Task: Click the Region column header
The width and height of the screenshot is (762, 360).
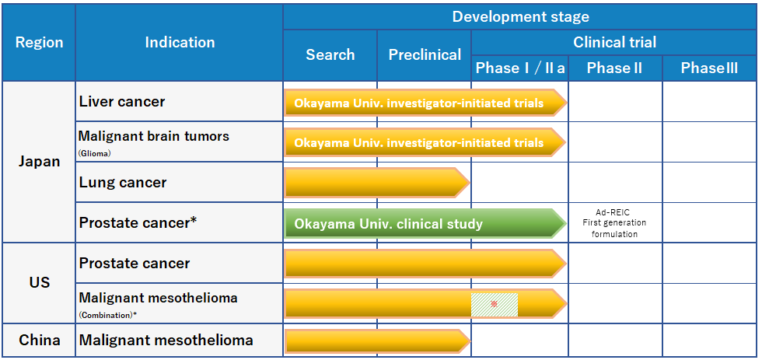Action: pos(40,42)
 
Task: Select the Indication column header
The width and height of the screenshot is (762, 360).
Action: pos(180,42)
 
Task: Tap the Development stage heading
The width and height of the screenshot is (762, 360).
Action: pos(520,16)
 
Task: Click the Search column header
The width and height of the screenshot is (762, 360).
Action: pos(330,54)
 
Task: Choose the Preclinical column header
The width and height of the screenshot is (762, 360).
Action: pos(425,55)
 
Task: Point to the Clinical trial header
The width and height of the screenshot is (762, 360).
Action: pos(615,42)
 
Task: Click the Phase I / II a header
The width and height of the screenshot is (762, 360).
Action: pos(519,68)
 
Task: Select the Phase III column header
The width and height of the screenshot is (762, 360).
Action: pos(709,68)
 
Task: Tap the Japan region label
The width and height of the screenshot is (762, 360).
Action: pos(40,162)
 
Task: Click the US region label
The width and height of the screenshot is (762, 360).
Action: pos(40,282)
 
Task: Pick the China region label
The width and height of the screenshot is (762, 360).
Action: pos(40,340)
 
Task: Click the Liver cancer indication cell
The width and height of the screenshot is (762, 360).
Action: pos(122,102)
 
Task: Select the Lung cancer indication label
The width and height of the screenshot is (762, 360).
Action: pos(123,182)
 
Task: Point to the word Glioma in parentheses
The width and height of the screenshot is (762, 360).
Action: pos(95,152)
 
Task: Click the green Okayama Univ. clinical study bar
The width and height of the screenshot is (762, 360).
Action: pos(425,223)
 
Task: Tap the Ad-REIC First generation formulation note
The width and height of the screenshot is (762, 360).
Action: pos(615,223)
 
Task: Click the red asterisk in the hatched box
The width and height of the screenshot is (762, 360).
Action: pos(494,304)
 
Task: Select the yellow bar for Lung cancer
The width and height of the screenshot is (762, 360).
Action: pos(376,183)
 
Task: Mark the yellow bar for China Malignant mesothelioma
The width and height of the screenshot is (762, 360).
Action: pos(377,341)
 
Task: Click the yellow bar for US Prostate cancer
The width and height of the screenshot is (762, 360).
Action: pos(425,264)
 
